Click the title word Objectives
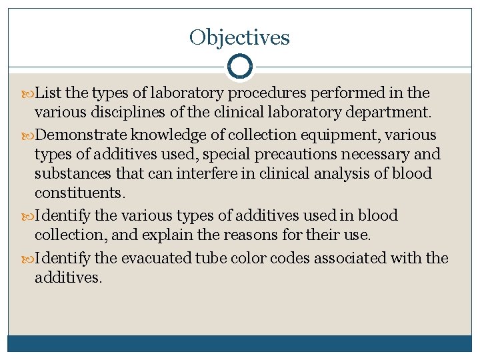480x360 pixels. pyautogui.click(x=239, y=37)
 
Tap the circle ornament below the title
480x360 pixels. pyautogui.click(x=240, y=67)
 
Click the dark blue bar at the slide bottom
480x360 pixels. pyautogui.click(x=240, y=343)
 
